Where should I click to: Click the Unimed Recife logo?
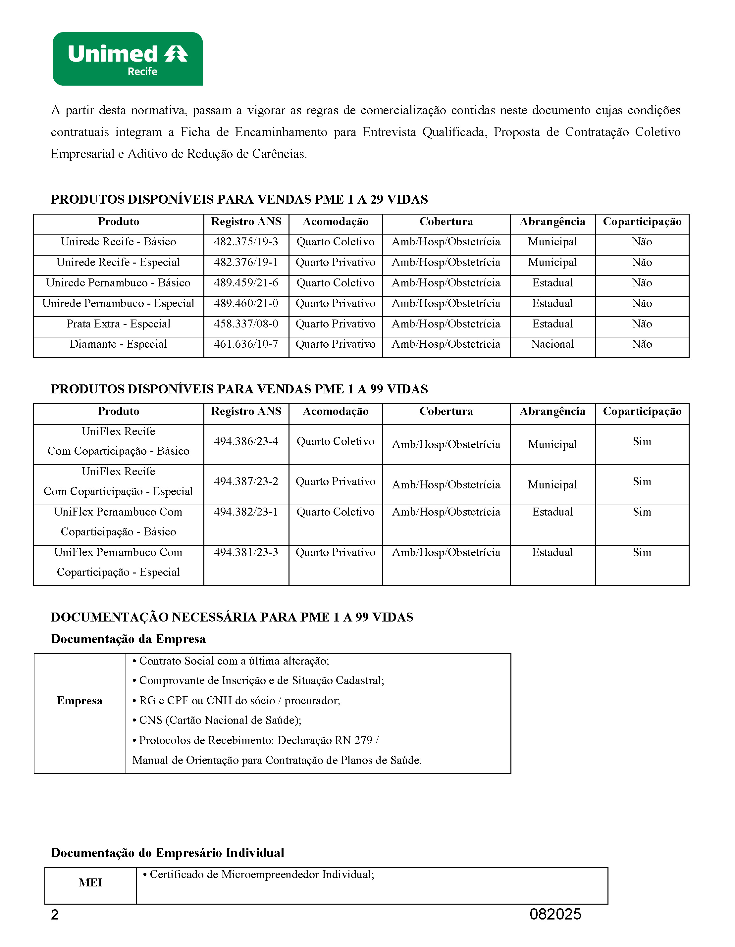click(x=128, y=59)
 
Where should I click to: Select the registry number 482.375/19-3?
click(x=246, y=242)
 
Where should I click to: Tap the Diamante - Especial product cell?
click(x=118, y=344)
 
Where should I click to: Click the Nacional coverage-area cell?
click(x=552, y=344)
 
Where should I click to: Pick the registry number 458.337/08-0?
click(x=246, y=324)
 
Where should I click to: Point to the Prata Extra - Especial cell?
click(x=118, y=324)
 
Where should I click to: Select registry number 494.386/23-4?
click(x=246, y=441)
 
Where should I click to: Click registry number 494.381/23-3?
click(x=246, y=552)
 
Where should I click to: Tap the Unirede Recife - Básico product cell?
click(x=118, y=242)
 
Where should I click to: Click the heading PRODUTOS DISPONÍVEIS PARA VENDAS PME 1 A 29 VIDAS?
click(x=239, y=199)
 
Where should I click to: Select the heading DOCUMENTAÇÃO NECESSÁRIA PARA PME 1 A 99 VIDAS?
click(x=232, y=617)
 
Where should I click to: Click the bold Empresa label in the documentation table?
click(x=80, y=701)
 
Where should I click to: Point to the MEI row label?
click(x=91, y=882)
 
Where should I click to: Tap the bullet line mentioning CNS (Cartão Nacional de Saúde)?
click(x=217, y=720)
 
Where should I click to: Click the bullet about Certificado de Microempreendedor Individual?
click(x=258, y=874)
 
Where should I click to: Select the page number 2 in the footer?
click(x=55, y=915)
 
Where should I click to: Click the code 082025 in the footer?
click(x=555, y=914)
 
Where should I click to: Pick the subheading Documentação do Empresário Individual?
click(x=167, y=853)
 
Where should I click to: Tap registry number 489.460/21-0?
click(x=246, y=304)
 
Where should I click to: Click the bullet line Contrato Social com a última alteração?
click(x=231, y=661)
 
